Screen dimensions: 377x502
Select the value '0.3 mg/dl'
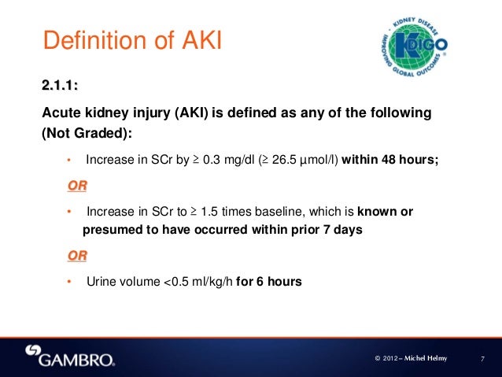[x=229, y=161]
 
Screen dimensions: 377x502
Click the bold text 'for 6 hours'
[x=268, y=281]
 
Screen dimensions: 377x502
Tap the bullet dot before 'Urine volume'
[x=69, y=281]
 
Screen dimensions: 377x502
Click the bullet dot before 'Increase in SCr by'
[x=69, y=161]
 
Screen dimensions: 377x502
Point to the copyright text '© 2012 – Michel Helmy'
[x=410, y=359]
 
